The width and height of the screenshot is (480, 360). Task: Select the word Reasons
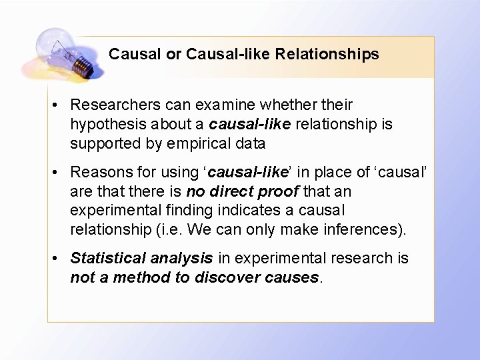pos(98,172)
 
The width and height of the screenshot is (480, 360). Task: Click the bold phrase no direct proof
pos(243,191)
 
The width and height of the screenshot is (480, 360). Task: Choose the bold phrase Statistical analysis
pos(141,258)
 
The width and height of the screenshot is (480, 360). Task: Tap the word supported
pos(101,143)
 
